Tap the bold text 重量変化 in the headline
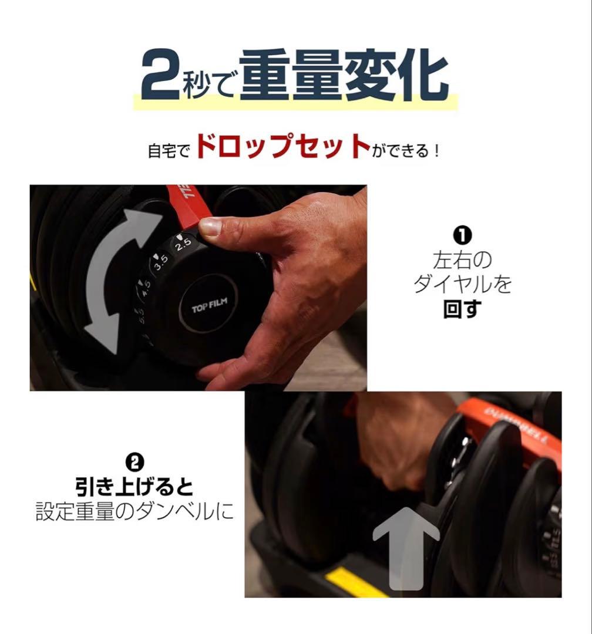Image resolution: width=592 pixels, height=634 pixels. (344, 77)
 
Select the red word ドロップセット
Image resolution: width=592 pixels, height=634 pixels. (282, 147)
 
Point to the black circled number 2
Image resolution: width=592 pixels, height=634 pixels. (134, 462)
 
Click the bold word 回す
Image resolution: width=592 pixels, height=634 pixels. (462, 309)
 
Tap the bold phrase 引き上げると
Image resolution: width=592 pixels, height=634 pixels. (134, 487)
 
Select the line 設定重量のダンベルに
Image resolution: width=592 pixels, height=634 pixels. (134, 511)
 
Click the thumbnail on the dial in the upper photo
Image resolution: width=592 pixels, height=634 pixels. (210, 227)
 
